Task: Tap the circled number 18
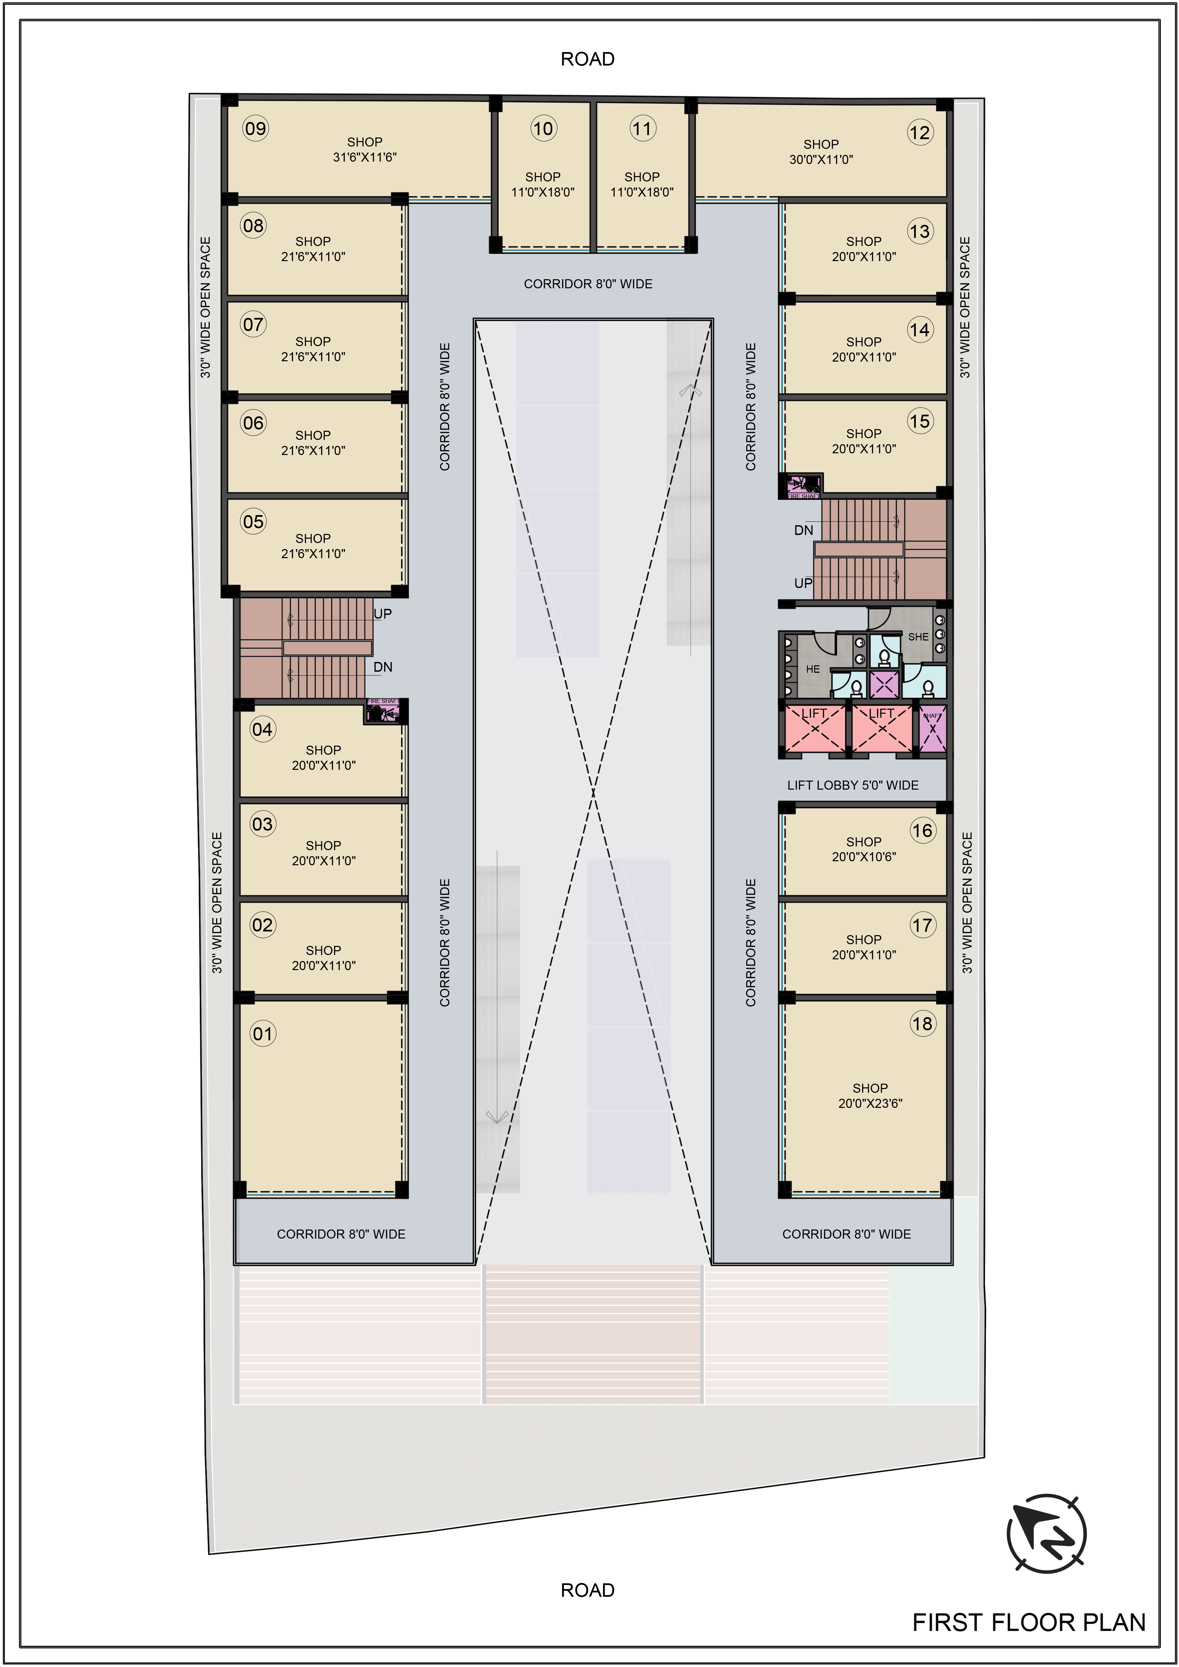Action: pyautogui.click(x=922, y=1024)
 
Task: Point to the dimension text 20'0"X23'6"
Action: pyautogui.click(x=870, y=1103)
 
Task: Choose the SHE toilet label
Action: pyautogui.click(x=918, y=637)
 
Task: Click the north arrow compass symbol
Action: pyautogui.click(x=1046, y=1534)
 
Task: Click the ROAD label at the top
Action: pyautogui.click(x=587, y=59)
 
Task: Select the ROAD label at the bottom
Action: pyautogui.click(x=587, y=1590)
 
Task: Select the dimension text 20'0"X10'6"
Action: pyautogui.click(x=864, y=857)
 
